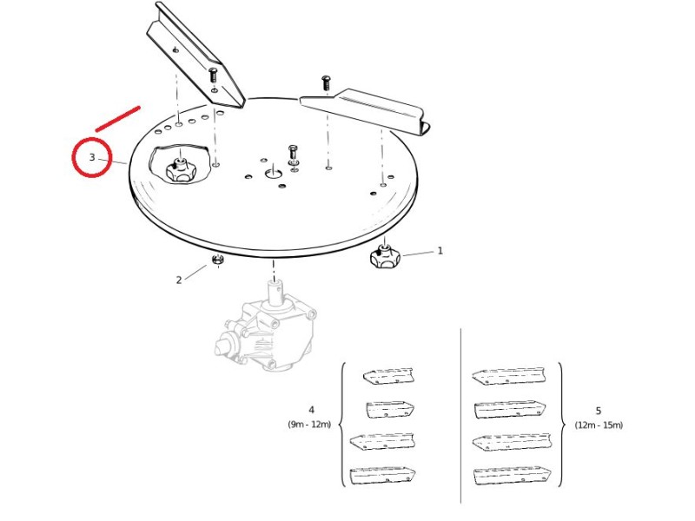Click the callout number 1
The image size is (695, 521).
440,251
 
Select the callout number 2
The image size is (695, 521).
179,280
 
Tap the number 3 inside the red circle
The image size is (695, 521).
92,157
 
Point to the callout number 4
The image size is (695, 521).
311,410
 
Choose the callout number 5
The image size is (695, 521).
599,411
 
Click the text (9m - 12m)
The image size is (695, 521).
309,424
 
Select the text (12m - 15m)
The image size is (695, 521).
599,425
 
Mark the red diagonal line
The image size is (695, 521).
118,119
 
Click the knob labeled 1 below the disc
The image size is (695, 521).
384,256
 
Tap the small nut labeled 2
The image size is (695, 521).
217,260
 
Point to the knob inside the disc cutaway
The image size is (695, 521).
180,170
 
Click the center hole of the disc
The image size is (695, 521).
274,173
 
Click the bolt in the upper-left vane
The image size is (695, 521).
213,74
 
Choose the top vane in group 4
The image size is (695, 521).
388,375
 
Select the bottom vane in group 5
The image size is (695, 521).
513,476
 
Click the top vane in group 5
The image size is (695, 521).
509,377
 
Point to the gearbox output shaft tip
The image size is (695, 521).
274,284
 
